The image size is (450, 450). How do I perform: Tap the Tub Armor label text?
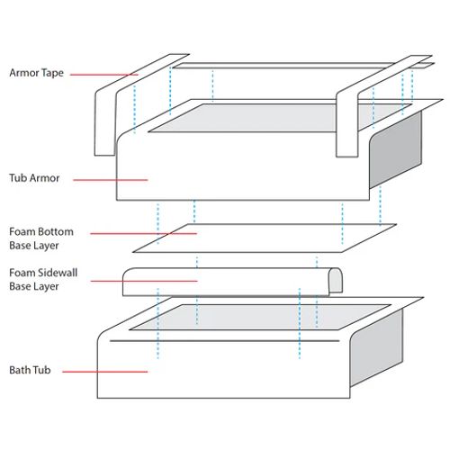pos(34,178)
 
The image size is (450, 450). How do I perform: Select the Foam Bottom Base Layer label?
pos(41,238)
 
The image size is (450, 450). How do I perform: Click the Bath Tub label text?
pos(31,370)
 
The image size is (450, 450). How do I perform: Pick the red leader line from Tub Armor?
pos(110,179)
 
